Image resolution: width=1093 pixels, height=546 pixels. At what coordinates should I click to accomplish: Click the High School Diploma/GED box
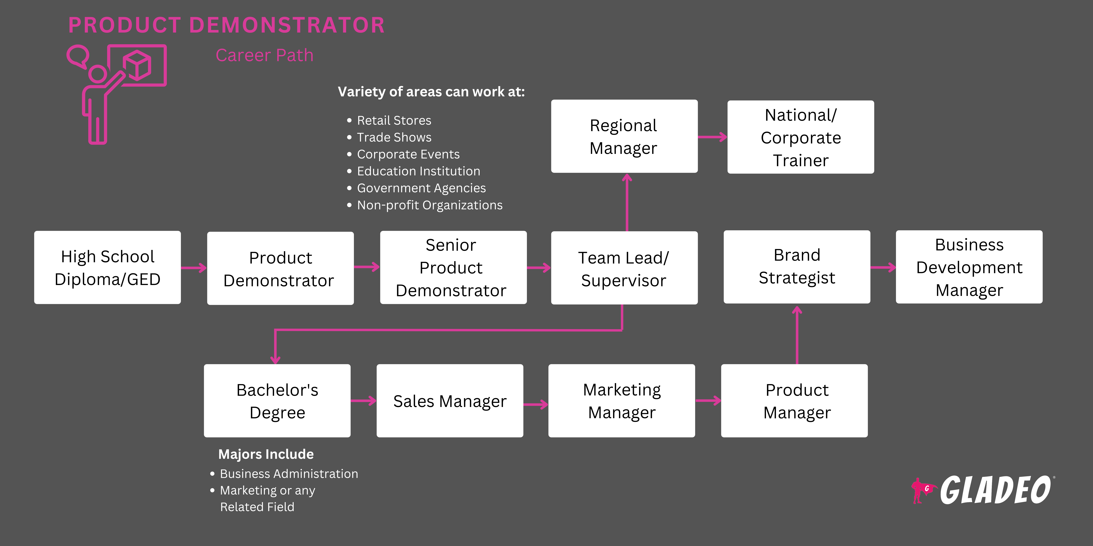(x=107, y=267)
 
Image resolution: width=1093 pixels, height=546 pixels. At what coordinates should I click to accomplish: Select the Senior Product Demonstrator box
(x=453, y=267)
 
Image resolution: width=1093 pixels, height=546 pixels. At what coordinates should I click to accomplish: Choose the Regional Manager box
(x=624, y=136)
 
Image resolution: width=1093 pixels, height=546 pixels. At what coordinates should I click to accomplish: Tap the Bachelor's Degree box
(x=277, y=401)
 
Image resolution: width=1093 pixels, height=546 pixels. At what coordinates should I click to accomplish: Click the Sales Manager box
(x=450, y=401)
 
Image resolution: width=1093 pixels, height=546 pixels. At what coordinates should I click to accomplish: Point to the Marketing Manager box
(x=622, y=401)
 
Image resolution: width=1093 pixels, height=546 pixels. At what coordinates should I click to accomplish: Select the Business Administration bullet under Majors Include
(x=289, y=473)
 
